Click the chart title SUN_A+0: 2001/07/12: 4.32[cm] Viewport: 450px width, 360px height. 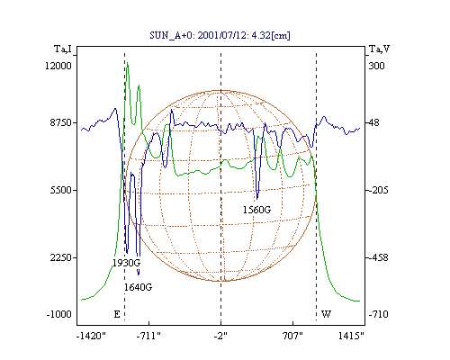[x=220, y=35]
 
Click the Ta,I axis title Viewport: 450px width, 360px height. [x=63, y=49]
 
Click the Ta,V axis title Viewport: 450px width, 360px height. [x=380, y=49]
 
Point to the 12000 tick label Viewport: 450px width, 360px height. [x=58, y=66]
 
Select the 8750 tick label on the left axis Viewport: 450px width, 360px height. [x=61, y=122]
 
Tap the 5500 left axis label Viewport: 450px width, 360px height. [x=61, y=190]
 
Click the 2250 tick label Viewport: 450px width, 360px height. [x=61, y=257]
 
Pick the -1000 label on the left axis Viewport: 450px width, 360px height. [x=59, y=314]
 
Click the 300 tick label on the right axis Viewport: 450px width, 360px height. [x=376, y=66]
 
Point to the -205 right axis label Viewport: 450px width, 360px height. [x=379, y=190]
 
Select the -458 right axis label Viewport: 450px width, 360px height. [x=379, y=257]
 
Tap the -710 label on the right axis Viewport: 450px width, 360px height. [x=379, y=314]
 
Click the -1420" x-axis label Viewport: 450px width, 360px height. [x=92, y=336]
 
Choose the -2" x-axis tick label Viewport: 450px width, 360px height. [x=220, y=336]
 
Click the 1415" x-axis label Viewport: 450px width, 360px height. [x=351, y=336]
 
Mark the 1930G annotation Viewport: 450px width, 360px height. [x=126, y=263]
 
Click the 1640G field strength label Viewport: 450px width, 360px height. [x=138, y=287]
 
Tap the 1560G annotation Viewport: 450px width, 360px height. [x=256, y=210]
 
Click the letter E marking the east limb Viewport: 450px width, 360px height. [x=117, y=314]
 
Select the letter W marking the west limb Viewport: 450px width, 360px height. [x=326, y=314]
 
